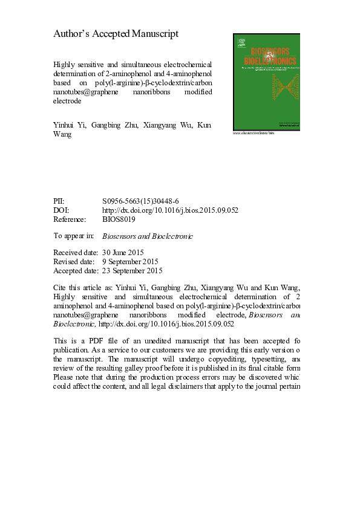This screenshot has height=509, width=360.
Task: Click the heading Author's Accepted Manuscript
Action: pyautogui.click(x=116, y=34)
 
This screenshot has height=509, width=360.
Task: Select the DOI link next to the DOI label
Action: pyautogui.click(x=171, y=210)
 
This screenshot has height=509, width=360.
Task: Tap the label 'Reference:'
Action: pyautogui.click(x=70, y=219)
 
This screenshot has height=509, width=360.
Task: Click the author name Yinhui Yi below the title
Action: pyautogui.click(x=69, y=126)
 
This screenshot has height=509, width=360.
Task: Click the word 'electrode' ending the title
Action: pyautogui.click(x=68, y=102)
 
